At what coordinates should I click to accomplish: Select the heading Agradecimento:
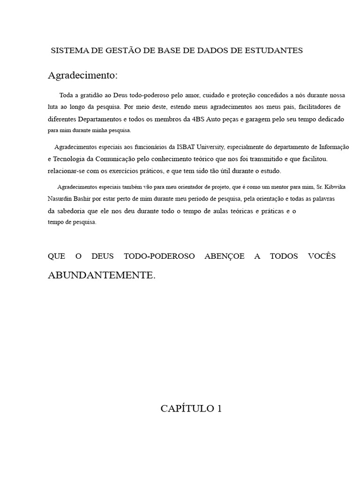tap(82, 75)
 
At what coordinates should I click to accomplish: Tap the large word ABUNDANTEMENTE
tap(101, 275)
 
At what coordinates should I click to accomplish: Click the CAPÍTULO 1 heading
tap(191, 409)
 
